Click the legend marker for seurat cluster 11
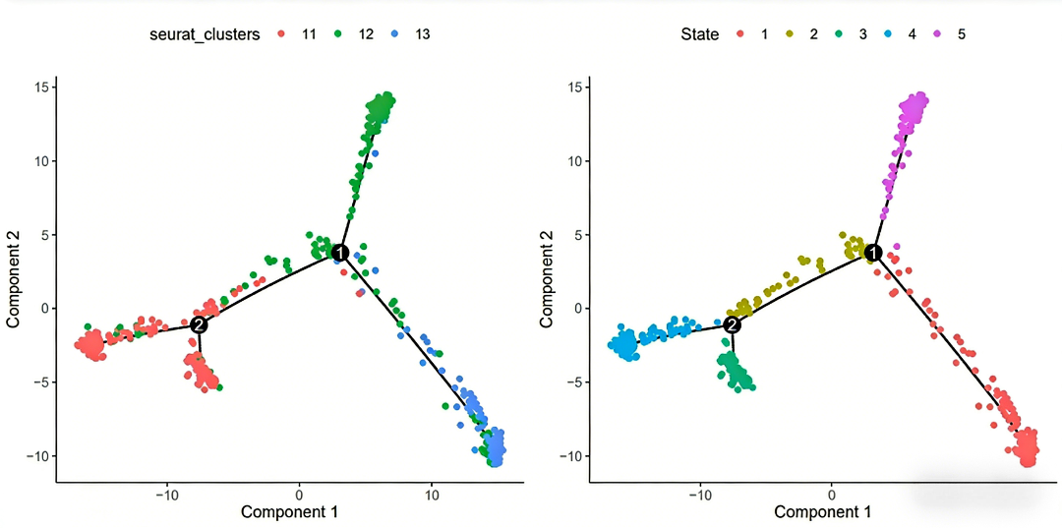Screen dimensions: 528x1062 281,34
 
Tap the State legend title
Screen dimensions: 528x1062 699,34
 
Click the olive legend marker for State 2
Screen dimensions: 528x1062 790,34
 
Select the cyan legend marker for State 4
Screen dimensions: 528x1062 890,34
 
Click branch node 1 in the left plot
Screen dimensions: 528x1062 340,253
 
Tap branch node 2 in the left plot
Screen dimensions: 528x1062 199,324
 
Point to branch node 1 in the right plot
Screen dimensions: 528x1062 873,253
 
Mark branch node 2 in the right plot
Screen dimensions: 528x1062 732,324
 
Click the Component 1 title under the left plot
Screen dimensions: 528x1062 290,511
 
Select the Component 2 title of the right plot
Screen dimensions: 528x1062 547,271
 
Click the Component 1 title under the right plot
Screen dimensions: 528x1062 822,511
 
